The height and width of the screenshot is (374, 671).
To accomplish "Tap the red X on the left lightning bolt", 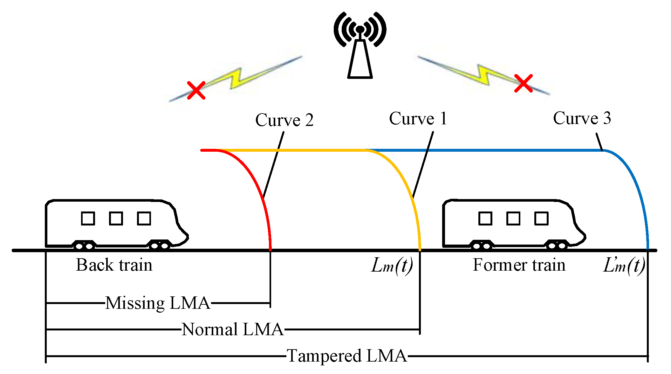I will tap(196, 90).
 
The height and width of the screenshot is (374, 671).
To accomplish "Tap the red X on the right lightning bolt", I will tap(523, 84).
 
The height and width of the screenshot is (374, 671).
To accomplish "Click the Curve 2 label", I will tap(284, 120).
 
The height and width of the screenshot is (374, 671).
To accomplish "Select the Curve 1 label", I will tap(418, 119).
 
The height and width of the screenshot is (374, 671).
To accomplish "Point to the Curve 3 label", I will tap(582, 118).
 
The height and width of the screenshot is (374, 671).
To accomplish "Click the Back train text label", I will tap(114, 265).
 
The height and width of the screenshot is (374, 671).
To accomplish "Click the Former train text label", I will tap(519, 265).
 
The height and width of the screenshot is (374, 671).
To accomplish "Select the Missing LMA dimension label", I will tap(158, 303).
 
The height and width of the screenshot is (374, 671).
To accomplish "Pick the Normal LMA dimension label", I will tap(232, 329).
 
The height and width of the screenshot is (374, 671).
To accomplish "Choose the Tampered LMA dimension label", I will tap(347, 356).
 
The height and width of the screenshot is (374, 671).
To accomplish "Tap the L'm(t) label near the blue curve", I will tap(624, 266).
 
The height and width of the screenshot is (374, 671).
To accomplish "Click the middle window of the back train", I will tap(116, 218).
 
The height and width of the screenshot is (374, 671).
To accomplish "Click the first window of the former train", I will tap(485, 218).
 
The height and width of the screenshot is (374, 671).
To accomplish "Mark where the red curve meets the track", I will tap(270, 250).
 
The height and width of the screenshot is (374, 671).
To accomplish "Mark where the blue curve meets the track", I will tap(648, 250).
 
